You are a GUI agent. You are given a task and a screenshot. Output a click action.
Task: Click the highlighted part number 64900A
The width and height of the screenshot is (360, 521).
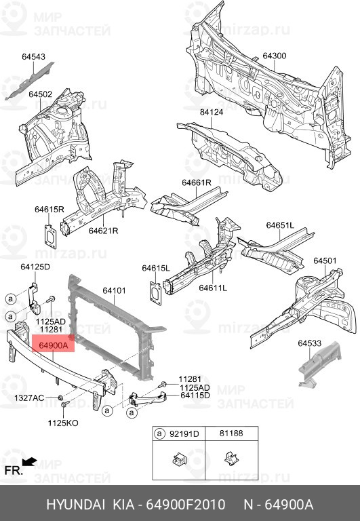53,345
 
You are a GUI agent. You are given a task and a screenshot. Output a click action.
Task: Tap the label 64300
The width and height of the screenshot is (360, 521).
275,56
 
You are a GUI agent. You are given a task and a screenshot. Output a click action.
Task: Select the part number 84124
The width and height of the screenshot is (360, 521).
212,112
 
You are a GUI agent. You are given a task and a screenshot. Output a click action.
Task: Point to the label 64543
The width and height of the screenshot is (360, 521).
33,56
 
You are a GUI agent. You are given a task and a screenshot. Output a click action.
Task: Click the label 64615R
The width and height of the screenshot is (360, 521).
49,210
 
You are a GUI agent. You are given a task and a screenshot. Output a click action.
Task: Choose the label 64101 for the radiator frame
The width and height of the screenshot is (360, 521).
114,290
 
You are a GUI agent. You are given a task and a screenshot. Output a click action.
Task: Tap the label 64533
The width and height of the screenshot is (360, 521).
310,343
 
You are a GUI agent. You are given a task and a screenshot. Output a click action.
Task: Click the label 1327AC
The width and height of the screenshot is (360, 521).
29,398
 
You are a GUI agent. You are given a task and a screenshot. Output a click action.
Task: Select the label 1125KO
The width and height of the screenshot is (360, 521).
63,423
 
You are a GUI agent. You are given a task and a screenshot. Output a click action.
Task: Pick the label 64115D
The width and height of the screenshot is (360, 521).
195,395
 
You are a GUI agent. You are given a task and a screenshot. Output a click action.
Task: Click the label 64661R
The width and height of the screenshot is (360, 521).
197,182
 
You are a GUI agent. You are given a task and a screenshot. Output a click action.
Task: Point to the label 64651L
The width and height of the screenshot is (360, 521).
280,225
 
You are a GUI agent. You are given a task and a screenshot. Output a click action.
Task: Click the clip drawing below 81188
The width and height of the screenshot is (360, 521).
231,459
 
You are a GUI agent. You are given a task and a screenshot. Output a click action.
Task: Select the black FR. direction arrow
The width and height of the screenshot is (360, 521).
29,461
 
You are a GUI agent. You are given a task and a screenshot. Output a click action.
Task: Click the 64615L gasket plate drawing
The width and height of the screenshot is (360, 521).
155,293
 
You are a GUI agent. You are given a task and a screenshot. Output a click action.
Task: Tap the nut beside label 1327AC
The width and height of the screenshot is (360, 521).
60,398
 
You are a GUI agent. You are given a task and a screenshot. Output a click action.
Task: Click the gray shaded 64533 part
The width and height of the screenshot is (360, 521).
319,366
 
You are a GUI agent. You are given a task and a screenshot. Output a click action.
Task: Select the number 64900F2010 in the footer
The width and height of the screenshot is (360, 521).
186,505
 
